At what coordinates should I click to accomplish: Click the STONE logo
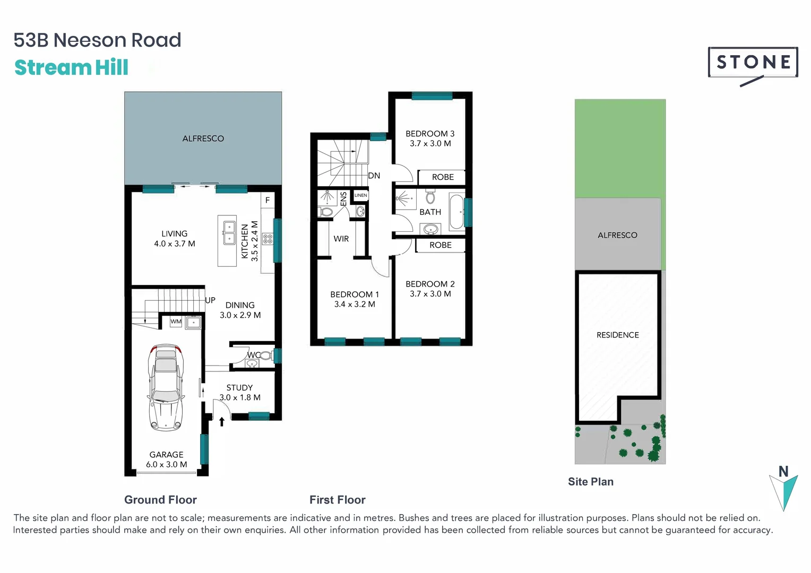tap(753, 63)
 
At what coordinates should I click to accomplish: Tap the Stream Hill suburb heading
tap(71, 68)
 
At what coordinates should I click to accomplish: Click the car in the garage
tap(166, 387)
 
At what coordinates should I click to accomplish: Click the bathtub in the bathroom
tap(456, 212)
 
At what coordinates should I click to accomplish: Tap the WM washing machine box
tap(176, 322)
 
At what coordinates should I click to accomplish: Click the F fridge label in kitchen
tap(268, 201)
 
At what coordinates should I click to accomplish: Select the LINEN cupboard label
tap(360, 195)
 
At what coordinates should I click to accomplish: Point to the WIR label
tap(341, 239)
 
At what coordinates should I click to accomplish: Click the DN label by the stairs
tap(374, 176)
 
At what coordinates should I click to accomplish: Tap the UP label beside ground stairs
tap(210, 300)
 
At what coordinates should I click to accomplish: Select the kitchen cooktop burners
tap(268, 239)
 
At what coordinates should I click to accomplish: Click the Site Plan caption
tap(590, 482)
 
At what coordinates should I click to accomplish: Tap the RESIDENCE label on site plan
tap(617, 335)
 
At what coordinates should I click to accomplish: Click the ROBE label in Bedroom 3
tap(443, 177)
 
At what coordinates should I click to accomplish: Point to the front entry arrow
tap(222, 421)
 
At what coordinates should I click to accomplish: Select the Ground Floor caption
tap(160, 500)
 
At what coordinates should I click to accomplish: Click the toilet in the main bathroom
tap(430, 198)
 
